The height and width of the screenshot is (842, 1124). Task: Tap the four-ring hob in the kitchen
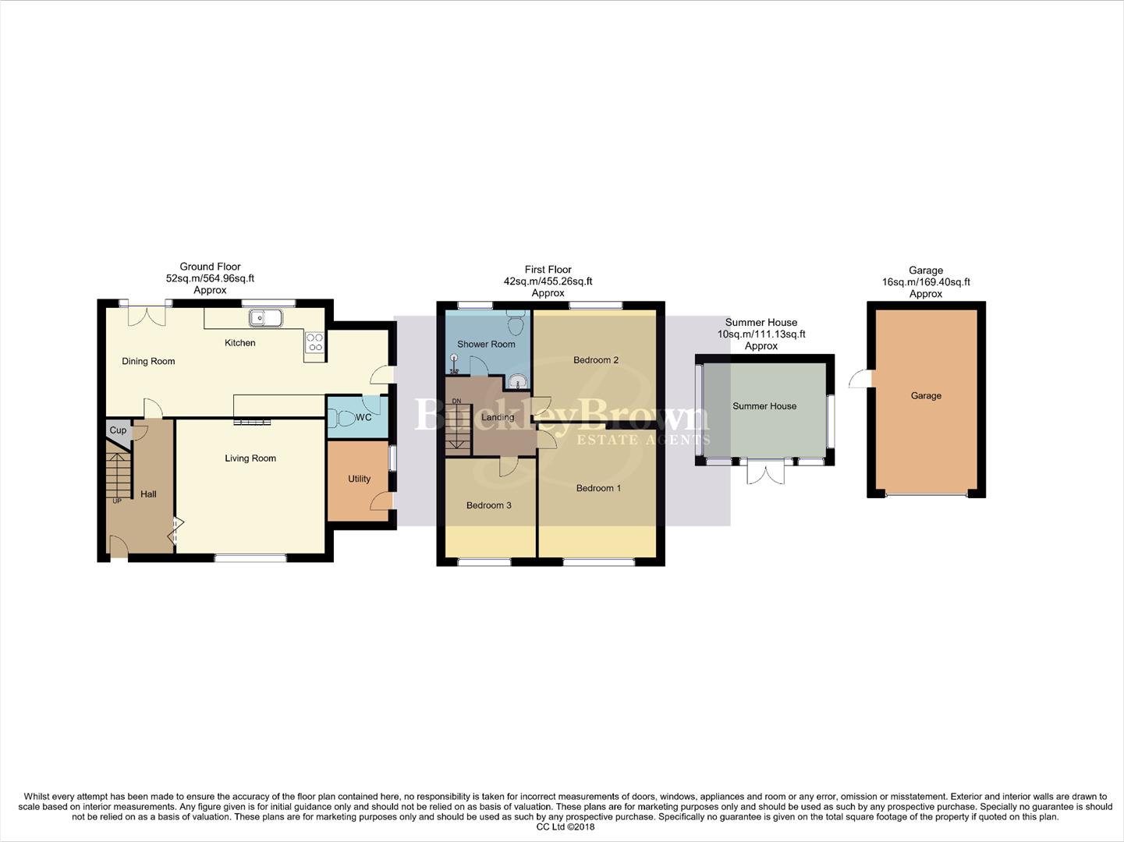click(x=314, y=343)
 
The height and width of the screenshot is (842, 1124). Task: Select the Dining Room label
click(x=148, y=361)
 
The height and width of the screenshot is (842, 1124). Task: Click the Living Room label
click(x=250, y=458)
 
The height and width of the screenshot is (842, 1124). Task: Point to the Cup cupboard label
click(x=118, y=430)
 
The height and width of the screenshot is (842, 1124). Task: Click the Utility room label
click(x=359, y=479)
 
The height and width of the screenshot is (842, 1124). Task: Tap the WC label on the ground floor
click(x=363, y=418)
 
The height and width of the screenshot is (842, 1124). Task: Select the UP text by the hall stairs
click(x=117, y=501)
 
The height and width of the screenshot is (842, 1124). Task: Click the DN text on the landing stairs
click(x=456, y=402)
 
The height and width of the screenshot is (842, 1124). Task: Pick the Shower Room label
click(x=486, y=344)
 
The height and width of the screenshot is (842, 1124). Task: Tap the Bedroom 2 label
click(x=596, y=360)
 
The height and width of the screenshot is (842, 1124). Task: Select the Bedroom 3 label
click(x=489, y=505)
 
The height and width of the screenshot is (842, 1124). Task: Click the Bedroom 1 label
click(x=599, y=488)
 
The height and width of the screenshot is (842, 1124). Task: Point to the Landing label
click(x=498, y=417)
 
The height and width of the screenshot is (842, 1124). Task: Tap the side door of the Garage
click(x=859, y=378)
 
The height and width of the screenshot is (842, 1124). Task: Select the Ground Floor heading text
click(x=210, y=267)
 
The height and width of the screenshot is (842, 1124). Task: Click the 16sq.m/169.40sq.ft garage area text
click(x=926, y=282)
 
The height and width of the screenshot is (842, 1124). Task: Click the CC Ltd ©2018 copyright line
click(x=561, y=826)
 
